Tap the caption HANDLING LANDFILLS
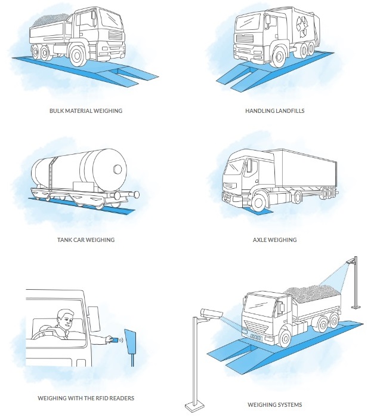(274, 111)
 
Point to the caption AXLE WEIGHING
(274, 240)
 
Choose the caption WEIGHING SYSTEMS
(275, 405)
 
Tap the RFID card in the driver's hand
(112, 340)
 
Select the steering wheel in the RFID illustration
(45, 335)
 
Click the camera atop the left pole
(211, 313)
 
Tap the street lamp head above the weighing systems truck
(353, 260)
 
